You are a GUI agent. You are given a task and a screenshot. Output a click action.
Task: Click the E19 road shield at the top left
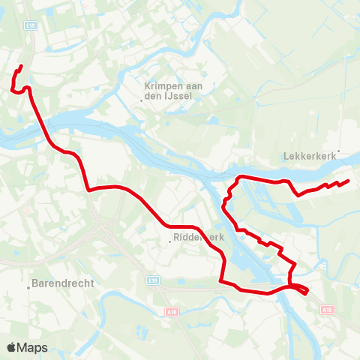31,25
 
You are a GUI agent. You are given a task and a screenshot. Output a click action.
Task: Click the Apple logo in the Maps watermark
12,347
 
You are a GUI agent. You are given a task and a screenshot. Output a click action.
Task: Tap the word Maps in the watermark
33,347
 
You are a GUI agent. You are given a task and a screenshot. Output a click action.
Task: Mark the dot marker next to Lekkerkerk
339,151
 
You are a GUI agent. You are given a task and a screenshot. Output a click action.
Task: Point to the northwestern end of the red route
21,67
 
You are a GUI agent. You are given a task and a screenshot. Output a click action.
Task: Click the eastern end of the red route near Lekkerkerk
349,181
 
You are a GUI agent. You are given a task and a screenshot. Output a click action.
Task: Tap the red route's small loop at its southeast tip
301,289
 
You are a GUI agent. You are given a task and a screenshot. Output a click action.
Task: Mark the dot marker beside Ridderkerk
170,241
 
